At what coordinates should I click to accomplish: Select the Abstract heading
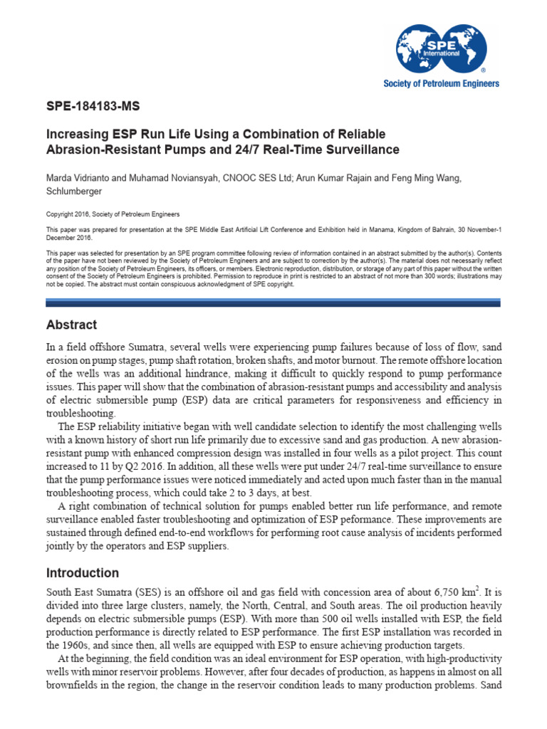click(71, 325)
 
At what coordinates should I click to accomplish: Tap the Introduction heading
click(83, 572)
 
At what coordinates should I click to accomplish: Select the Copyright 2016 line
click(113, 214)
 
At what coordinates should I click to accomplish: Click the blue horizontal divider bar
click(273, 302)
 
